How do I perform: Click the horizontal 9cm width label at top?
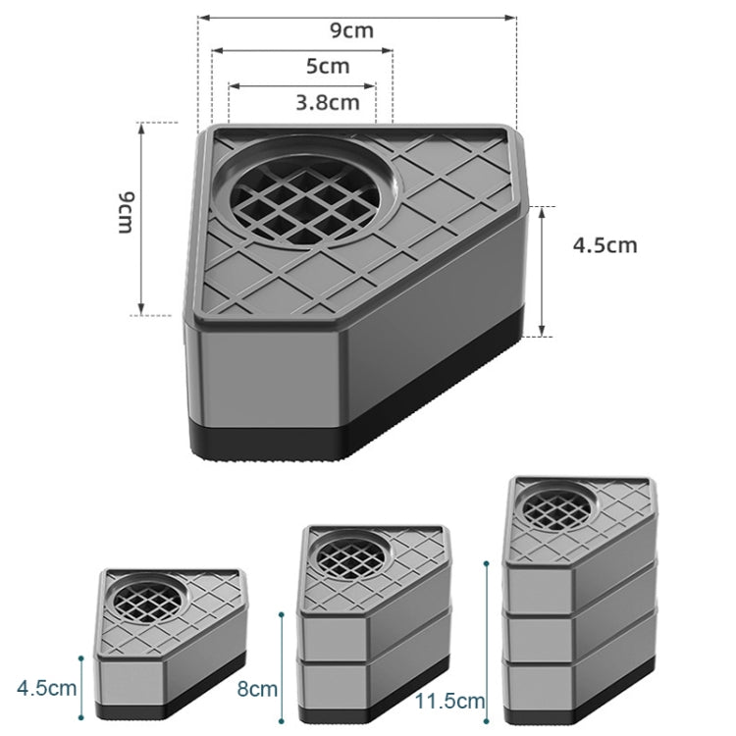tap(350, 30)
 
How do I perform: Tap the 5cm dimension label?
tap(328, 67)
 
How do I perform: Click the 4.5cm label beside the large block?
tap(605, 244)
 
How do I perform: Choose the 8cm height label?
tap(257, 689)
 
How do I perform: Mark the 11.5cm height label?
tap(450, 701)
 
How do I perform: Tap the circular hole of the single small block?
tap(149, 599)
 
